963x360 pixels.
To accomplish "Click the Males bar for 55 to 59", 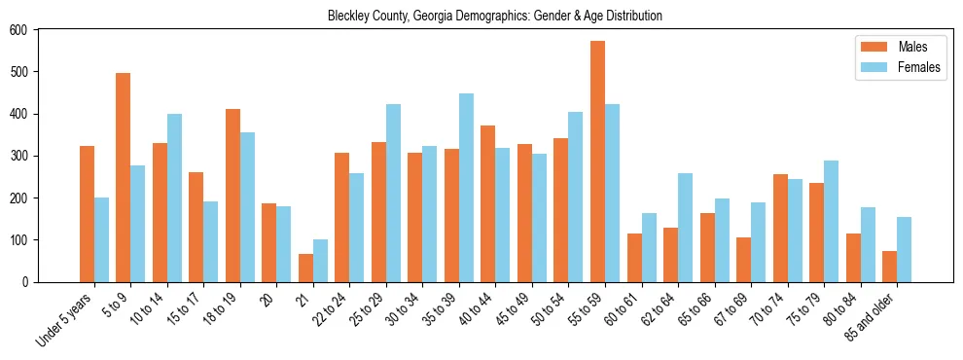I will (x=597, y=162).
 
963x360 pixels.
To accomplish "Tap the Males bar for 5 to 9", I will (x=124, y=177).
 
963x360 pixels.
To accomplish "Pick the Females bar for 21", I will (x=320, y=261).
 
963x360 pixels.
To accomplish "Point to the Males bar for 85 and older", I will (x=889, y=267).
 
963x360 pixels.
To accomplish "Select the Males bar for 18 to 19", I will (x=232, y=196).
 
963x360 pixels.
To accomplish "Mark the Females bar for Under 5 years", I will (x=101, y=239).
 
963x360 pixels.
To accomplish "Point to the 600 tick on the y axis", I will (x=37, y=29).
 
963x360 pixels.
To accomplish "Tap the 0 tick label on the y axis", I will (x=26, y=282).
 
